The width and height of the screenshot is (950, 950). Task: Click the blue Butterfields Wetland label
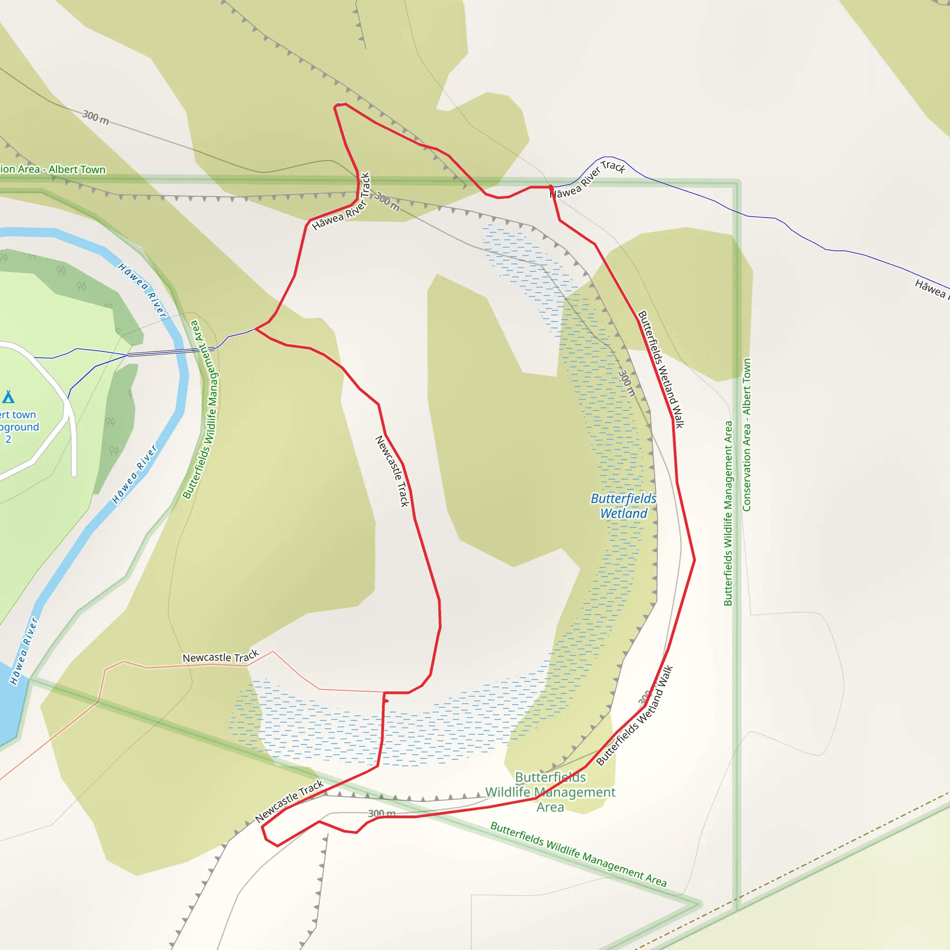coord(623,506)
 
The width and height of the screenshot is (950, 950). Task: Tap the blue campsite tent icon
coord(8,396)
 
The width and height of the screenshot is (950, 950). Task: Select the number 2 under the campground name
coord(8,439)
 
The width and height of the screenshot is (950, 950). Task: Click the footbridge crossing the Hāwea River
coord(170,352)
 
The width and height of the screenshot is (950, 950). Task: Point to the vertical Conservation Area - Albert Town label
coord(746,435)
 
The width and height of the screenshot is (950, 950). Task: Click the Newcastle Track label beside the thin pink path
coord(220,657)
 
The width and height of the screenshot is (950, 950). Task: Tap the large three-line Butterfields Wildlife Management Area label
coord(550,792)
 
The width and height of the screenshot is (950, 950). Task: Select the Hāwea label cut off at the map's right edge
coord(931,288)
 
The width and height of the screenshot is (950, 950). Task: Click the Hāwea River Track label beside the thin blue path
coord(588,180)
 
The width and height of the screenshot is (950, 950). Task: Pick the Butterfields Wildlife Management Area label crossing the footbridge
coord(201,409)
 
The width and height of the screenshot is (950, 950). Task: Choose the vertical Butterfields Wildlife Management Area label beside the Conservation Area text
coord(728,514)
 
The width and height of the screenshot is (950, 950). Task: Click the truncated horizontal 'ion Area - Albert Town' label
coord(52,170)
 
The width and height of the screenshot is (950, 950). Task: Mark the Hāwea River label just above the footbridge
coord(142,290)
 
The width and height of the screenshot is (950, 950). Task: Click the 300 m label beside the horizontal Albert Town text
coord(96,117)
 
